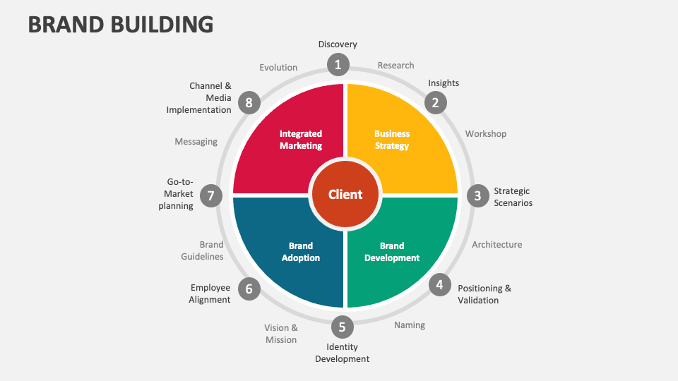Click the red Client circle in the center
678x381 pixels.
pos(345,195)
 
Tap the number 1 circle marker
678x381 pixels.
pos(338,65)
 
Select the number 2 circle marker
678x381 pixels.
pos(435,103)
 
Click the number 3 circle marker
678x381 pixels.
pos(477,195)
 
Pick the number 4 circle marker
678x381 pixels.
pos(439,285)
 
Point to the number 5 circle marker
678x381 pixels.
pos(342,327)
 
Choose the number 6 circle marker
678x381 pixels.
pos(249,288)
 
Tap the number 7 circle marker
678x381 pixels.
pos(210,195)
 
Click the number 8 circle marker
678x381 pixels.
pos(249,103)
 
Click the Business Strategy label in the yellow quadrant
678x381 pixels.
pos(391,140)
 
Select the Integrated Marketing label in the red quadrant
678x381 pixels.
pos(301,140)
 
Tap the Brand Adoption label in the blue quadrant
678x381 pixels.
pos(301,252)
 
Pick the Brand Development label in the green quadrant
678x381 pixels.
pos(391,252)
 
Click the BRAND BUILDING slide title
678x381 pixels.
pos(121,24)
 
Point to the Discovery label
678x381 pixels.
pos(338,44)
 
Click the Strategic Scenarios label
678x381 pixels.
pos(513,197)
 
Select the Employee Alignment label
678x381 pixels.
pos(210,294)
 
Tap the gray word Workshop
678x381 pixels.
pos(485,133)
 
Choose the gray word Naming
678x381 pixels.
pos(410,325)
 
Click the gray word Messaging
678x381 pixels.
pos(196,142)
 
